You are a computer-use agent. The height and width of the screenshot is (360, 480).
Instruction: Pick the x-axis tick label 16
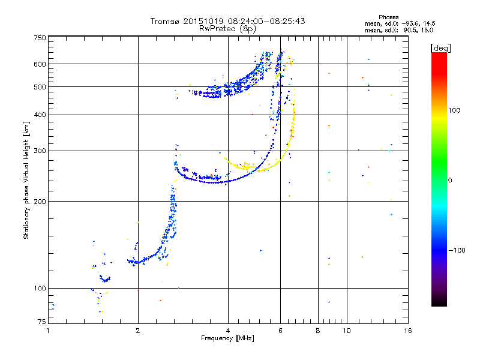click(408, 331)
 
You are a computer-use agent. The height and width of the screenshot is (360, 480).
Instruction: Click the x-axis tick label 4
click(228, 331)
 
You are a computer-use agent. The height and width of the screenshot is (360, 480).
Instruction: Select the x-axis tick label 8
click(318, 331)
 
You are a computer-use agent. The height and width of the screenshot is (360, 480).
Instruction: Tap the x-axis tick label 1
click(48, 331)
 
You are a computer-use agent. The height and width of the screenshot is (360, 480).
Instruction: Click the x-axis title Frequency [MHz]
click(228, 339)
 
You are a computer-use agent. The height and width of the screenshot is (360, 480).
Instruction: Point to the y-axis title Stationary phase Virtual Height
click(26, 180)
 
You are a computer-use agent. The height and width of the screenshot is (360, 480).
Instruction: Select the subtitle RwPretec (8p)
click(228, 28)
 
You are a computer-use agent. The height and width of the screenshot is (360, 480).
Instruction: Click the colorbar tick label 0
click(451, 181)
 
